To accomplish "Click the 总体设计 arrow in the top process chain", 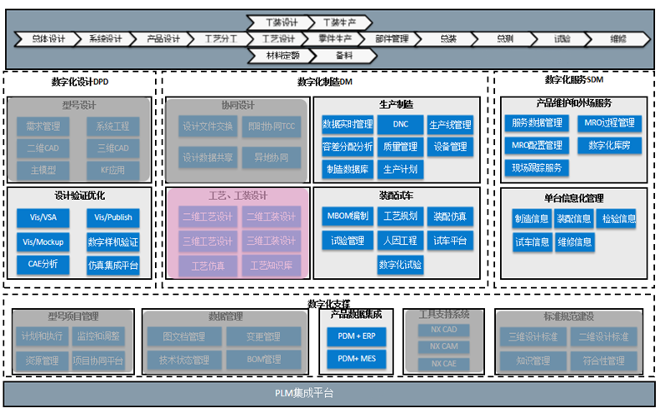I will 48,38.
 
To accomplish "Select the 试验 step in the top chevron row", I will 562,38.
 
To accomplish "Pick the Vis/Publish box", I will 112,219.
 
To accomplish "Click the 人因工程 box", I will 399,241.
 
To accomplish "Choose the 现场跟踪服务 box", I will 537,167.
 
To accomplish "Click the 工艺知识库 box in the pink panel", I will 272,266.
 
